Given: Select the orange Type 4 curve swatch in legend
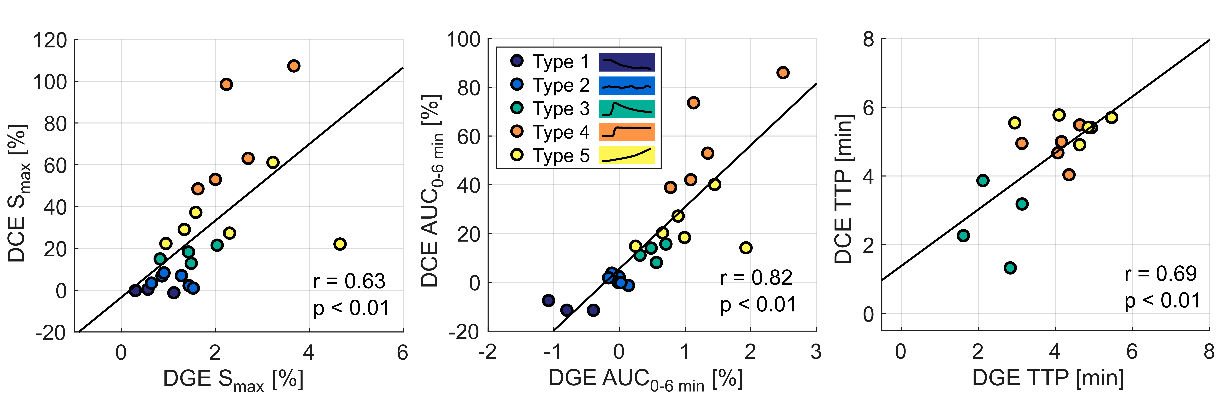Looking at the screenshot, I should tap(626, 132).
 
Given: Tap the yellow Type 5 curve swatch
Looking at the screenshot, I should tap(626, 155).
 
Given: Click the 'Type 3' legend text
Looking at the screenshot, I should tap(561, 109).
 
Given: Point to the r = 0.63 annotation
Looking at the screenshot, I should tap(349, 281).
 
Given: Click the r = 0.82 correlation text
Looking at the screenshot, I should tap(756, 277).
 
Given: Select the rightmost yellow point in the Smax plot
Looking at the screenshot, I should tap(340, 244).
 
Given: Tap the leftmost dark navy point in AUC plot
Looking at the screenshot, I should tap(548, 300).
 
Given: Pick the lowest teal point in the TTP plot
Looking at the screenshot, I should tap(1010, 268).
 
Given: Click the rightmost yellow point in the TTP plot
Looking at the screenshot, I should tap(1111, 117).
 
